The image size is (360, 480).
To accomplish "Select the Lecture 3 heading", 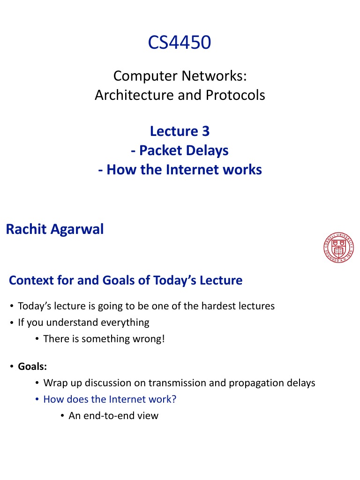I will click(x=180, y=131).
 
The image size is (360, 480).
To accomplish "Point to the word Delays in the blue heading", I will click(x=206, y=150).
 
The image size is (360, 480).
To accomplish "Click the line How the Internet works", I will click(x=180, y=169).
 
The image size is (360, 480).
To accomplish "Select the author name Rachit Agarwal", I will click(x=54, y=230).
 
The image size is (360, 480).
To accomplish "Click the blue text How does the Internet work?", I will click(x=112, y=399).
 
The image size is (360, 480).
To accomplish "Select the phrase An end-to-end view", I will click(x=113, y=415).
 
